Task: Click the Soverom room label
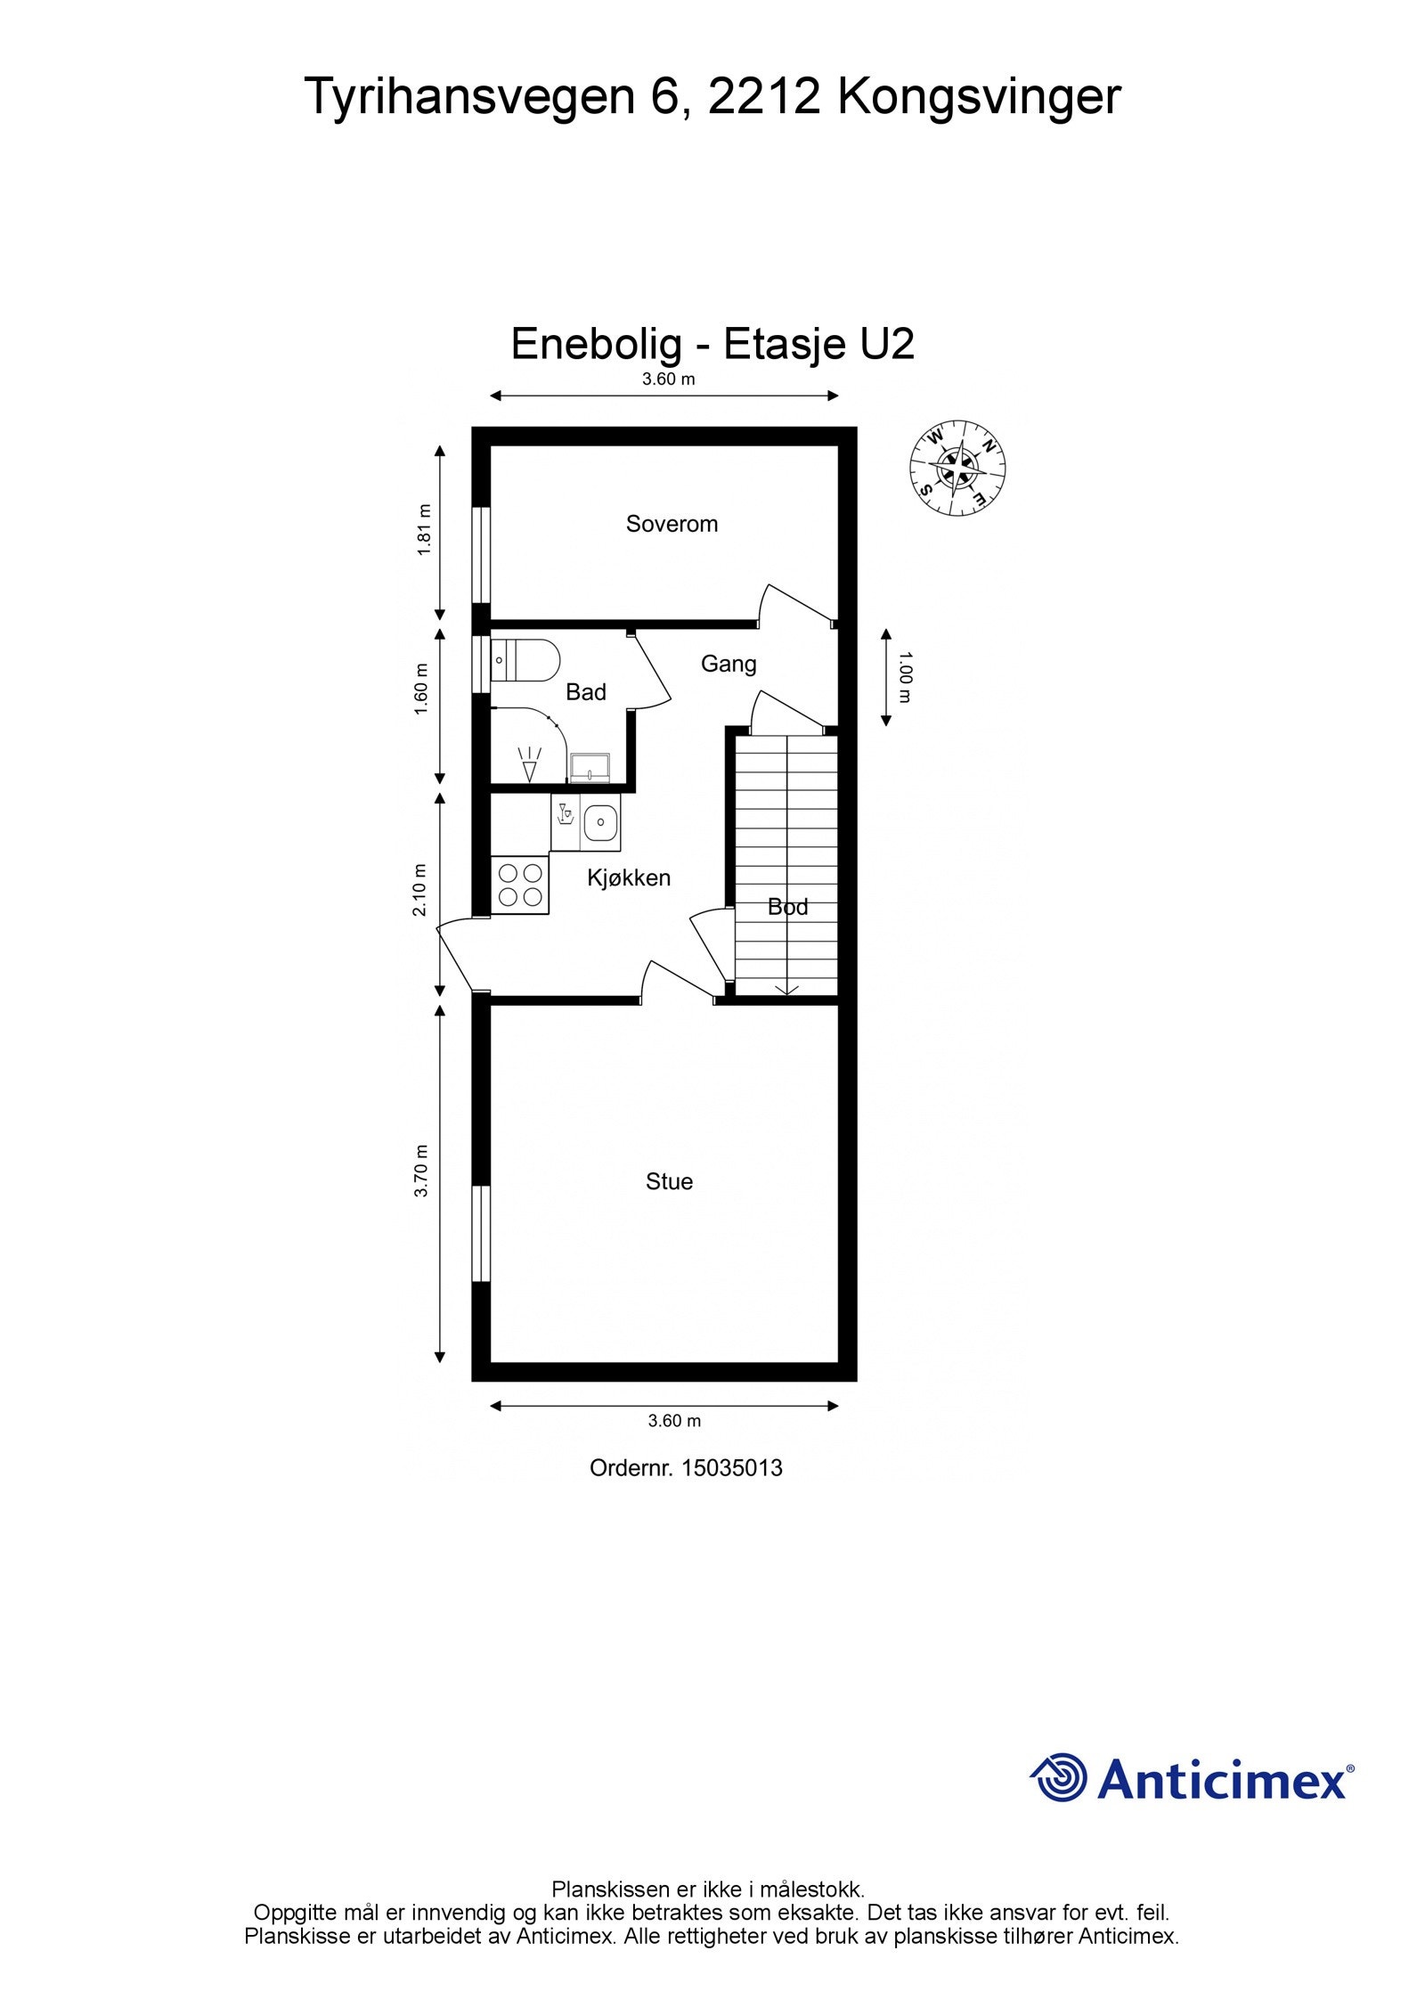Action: (x=672, y=524)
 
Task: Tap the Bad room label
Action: (x=586, y=692)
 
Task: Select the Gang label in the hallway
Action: (x=729, y=665)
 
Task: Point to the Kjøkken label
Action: (x=629, y=878)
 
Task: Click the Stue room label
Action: (x=669, y=1181)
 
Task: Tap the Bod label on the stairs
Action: (x=788, y=907)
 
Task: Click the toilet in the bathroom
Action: (x=525, y=660)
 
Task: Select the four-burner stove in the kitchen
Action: (x=520, y=884)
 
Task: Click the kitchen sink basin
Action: (x=601, y=823)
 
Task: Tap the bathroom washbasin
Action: (x=590, y=767)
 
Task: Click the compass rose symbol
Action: (x=957, y=468)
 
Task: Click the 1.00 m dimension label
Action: (x=905, y=678)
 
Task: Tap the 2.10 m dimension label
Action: (x=422, y=889)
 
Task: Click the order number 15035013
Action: (x=732, y=1468)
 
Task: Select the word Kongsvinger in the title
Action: (x=979, y=96)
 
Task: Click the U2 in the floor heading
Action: (x=887, y=344)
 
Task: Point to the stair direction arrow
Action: (x=786, y=988)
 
